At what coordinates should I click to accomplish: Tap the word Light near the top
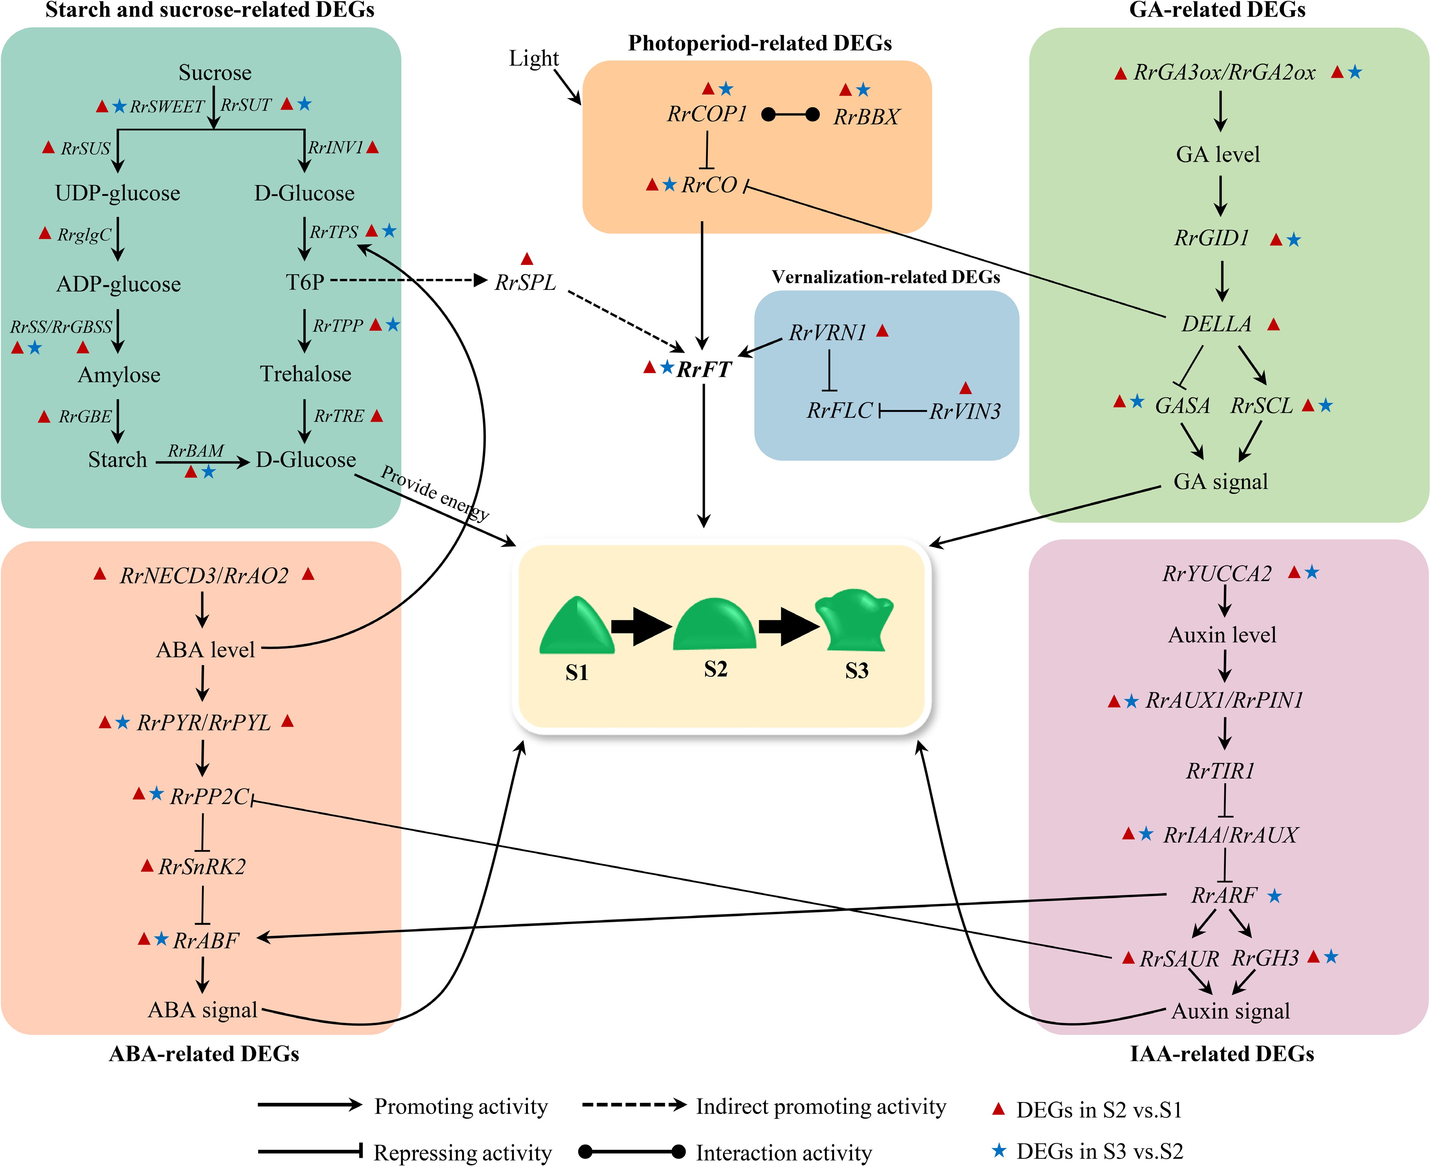pos(533,58)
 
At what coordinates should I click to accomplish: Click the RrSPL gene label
pos(525,283)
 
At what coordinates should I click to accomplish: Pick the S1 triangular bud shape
pos(576,626)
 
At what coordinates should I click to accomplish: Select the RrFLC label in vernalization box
pos(839,410)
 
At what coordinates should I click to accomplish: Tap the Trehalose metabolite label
pos(306,374)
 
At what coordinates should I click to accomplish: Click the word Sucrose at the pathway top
pos(215,73)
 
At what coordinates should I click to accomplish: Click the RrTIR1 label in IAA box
pos(1220,771)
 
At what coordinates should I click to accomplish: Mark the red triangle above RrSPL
pos(527,259)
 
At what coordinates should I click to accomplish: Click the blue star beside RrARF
pos(1275,896)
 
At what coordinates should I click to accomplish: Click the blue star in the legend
pos(999,1151)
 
